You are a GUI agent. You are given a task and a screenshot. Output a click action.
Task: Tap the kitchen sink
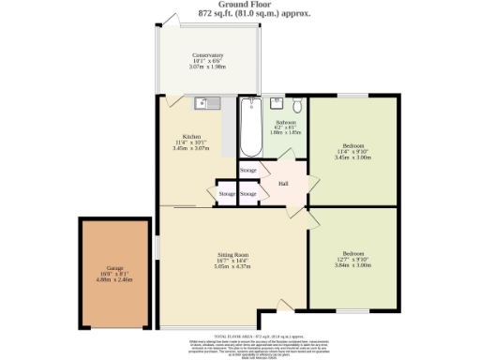click(207, 103)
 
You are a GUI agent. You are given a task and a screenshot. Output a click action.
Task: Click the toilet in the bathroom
click(297, 104)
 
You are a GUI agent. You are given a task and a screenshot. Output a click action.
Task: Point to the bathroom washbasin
click(277, 103)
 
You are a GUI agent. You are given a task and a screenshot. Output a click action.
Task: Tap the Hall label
click(283, 183)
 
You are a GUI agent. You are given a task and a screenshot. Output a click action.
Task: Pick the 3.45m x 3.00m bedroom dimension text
click(352, 157)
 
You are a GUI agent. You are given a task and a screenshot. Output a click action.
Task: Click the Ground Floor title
click(240, 5)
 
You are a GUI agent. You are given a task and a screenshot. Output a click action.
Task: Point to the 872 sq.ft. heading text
click(240, 14)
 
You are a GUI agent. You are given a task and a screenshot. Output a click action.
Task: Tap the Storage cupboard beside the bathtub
click(247, 171)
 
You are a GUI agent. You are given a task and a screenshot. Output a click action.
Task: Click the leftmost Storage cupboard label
click(227, 194)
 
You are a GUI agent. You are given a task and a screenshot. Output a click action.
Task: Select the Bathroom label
click(285, 122)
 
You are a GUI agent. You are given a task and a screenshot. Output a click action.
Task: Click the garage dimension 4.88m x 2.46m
click(114, 278)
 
